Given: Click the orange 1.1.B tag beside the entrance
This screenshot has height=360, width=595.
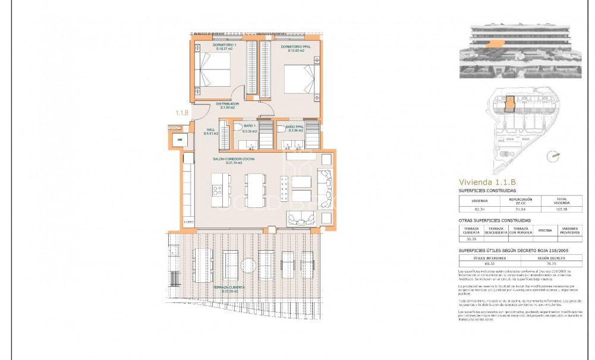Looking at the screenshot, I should point(181,112).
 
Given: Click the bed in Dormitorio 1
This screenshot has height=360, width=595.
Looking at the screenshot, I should point(211,71).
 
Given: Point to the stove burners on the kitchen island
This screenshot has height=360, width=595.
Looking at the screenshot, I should point(218,191).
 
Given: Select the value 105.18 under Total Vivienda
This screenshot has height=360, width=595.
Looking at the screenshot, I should point(562,209).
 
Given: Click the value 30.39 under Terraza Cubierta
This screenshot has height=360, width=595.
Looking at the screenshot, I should point(471,239).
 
